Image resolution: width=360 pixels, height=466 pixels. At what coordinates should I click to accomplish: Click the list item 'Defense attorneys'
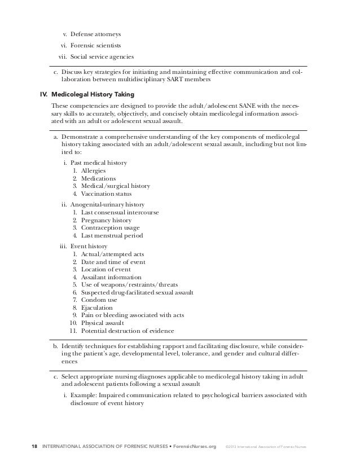(x=95, y=34)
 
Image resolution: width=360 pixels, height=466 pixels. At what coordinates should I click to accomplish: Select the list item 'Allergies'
(x=93, y=170)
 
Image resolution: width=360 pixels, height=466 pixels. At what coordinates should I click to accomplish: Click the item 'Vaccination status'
(x=106, y=194)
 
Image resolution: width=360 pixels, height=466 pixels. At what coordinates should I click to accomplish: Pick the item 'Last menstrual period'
(x=112, y=235)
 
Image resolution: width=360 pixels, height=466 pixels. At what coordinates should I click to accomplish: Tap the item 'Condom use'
(x=99, y=300)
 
